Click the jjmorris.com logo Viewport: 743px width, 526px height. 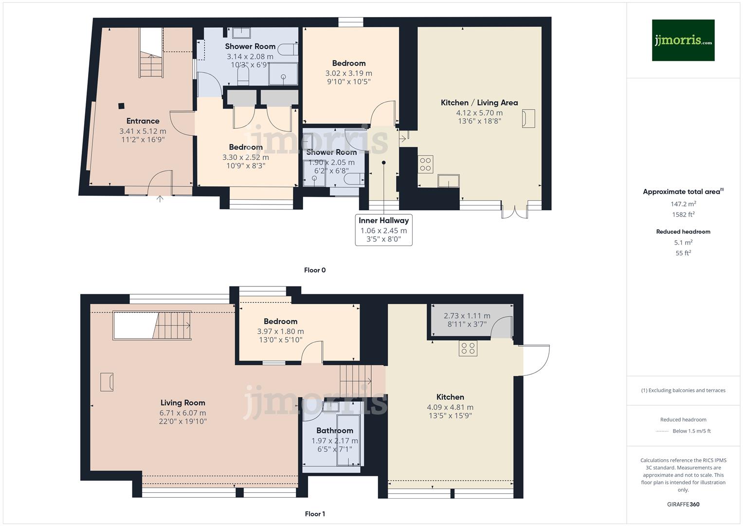click(683, 40)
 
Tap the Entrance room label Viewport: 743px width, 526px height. click(143, 121)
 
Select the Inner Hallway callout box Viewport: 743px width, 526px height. click(383, 230)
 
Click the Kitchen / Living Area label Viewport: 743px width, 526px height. click(479, 103)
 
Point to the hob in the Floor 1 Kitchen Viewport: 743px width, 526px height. click(468, 348)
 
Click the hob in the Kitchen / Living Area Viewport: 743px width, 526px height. click(425, 164)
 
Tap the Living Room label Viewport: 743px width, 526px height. click(182, 403)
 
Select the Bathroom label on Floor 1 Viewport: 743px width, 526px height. click(334, 431)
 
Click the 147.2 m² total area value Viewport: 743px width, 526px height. click(683, 204)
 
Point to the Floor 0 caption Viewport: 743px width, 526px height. click(314, 270)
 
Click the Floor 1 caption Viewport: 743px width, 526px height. click(314, 514)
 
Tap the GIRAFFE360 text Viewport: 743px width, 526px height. click(683, 505)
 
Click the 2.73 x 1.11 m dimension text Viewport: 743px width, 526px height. click(467, 316)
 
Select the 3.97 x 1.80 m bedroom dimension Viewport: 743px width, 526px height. click(280, 332)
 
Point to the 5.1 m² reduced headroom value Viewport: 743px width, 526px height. click(683, 243)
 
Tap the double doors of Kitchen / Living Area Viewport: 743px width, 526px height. click(515, 210)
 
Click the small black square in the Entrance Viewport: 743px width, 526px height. click(121, 105)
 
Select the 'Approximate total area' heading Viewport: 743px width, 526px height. click(683, 191)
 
